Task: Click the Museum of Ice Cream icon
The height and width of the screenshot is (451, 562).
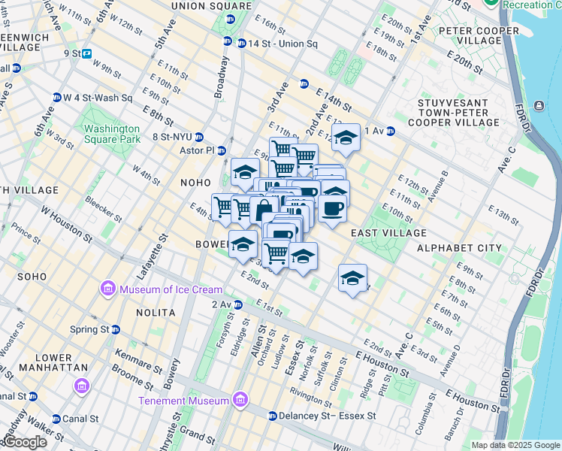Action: tap(108, 289)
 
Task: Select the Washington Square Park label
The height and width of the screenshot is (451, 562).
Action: tap(113, 134)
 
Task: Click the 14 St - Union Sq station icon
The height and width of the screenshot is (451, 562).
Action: tap(241, 44)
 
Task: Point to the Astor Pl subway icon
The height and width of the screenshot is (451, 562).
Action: tap(222, 150)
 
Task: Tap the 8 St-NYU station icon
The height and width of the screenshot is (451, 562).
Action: tap(199, 137)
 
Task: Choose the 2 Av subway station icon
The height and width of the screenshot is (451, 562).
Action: tap(237, 304)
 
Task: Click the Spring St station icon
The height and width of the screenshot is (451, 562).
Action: tap(115, 329)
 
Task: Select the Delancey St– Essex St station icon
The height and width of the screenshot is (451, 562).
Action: tap(273, 416)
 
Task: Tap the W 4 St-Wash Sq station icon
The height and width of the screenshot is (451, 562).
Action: tap(56, 98)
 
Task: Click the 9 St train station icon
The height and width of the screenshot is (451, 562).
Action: tap(87, 53)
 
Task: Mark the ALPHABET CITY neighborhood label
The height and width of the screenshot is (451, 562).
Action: tap(459, 248)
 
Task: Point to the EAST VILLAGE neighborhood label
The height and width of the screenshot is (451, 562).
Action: tap(388, 233)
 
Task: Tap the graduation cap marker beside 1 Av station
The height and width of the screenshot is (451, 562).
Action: tap(346, 138)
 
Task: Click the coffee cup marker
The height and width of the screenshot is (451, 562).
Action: tap(332, 208)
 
